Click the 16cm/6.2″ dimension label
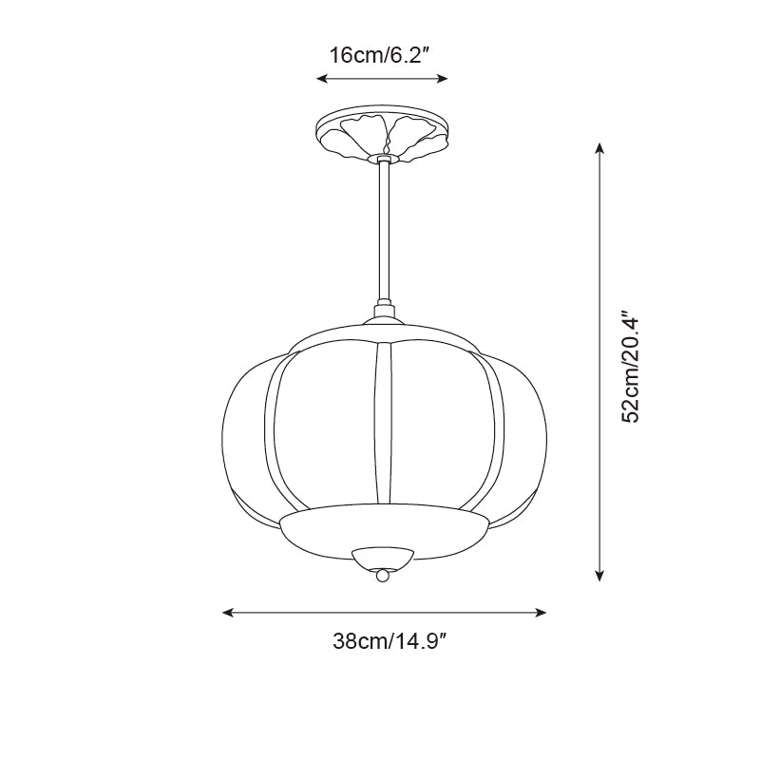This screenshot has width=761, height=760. click(381, 54)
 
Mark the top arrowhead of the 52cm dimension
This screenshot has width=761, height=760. click(599, 149)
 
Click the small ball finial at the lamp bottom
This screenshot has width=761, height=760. click(383, 575)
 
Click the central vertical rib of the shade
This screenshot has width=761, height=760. click(383, 423)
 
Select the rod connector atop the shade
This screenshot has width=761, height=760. click(384, 312)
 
